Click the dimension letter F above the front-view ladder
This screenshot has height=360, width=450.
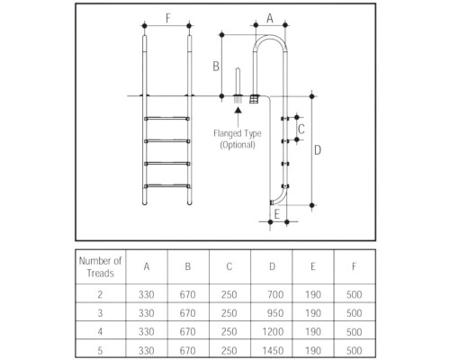click(168, 18)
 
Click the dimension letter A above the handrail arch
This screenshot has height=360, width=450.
click(270, 18)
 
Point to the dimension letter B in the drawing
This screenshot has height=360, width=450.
click(216, 67)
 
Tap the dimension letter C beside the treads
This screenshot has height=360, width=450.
click(301, 129)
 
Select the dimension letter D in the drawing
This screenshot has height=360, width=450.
click(318, 150)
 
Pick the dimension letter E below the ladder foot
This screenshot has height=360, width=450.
click(277, 214)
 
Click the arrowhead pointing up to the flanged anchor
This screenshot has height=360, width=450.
click(238, 110)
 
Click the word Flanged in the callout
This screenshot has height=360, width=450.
click(227, 133)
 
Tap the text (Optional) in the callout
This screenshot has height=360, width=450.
click(238, 145)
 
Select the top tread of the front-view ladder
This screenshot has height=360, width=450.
click(166, 119)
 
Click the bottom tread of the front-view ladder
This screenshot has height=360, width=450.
click(166, 186)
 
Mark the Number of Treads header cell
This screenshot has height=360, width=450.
click(100, 267)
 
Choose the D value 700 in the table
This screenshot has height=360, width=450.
click(275, 294)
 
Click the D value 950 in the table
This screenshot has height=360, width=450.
click(275, 313)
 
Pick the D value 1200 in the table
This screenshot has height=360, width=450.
click(273, 332)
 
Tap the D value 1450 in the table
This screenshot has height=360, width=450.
click(273, 350)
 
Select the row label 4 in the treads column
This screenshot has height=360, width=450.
click(100, 332)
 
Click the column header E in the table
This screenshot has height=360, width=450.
click(312, 266)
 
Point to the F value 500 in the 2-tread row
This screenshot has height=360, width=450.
click(354, 294)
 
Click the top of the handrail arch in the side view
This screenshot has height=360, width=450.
click(270, 36)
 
